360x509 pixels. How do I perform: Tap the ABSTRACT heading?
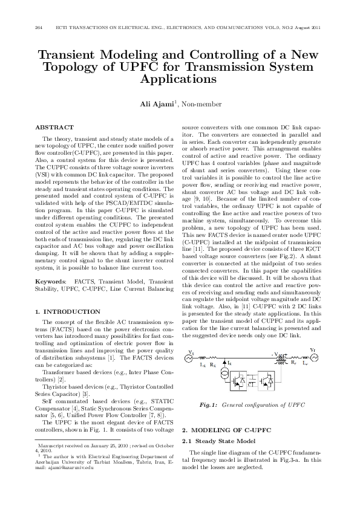point(54,128)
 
